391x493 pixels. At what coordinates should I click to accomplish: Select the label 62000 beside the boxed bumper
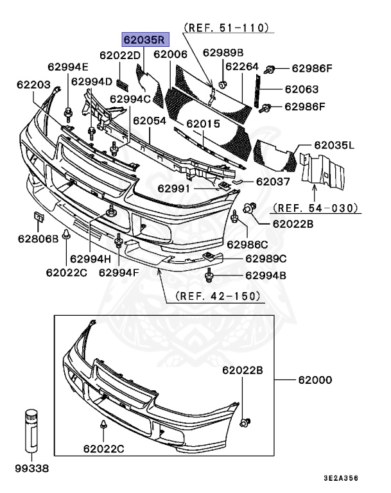(x=314, y=379)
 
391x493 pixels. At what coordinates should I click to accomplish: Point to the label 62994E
(x=68, y=66)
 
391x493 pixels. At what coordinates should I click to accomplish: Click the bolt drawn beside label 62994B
(x=209, y=276)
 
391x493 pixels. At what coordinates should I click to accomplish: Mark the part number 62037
(x=273, y=182)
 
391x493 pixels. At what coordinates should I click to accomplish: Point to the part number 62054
(x=150, y=120)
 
